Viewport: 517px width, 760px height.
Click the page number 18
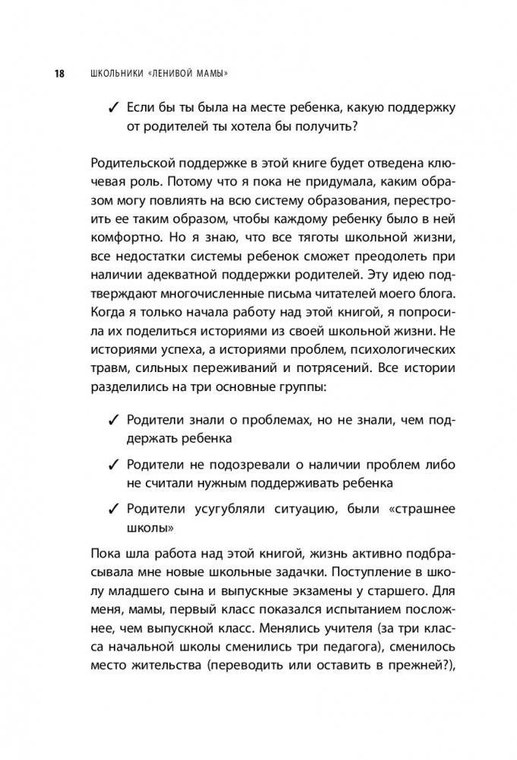click(58, 73)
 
